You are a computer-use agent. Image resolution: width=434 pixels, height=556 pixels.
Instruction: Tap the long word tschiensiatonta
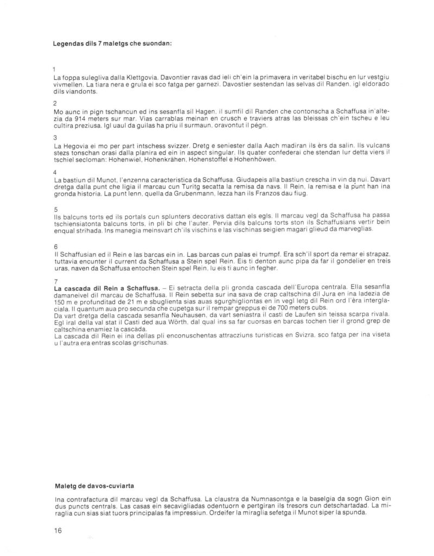[80, 223]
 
